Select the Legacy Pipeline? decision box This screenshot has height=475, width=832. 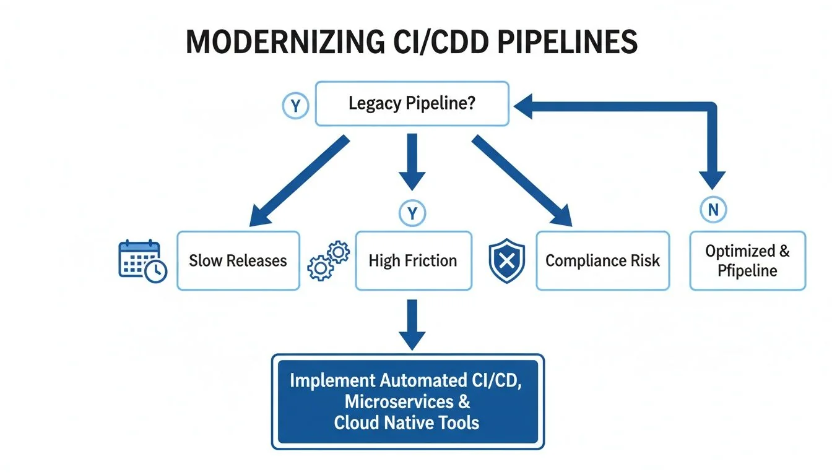412,103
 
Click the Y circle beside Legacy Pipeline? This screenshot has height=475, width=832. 295,106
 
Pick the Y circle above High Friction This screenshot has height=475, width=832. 412,213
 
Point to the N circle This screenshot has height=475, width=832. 713,210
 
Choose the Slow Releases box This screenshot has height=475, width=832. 238,260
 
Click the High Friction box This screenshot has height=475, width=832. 413,260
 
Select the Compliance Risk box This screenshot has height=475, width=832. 602,260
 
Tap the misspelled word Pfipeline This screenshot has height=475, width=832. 747,270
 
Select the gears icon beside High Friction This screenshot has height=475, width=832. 329,261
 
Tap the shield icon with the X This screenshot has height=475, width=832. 506,260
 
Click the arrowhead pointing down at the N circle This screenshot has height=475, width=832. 714,179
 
